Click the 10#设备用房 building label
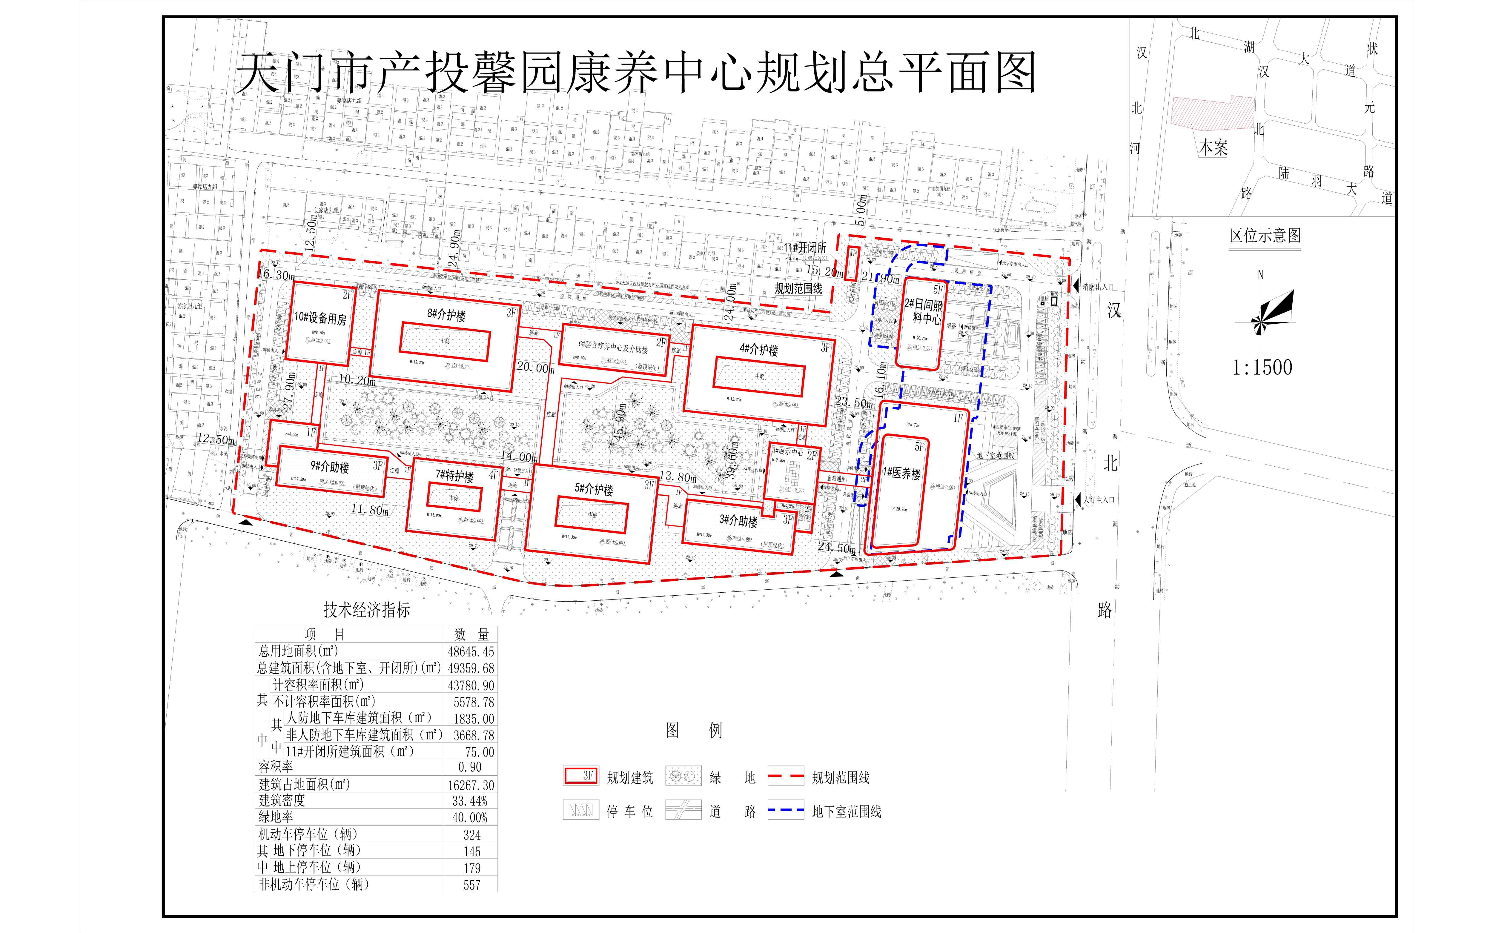coord(320,318)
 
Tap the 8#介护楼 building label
coord(446,315)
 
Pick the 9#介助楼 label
coord(330,467)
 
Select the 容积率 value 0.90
coord(470,767)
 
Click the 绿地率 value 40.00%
coord(470,818)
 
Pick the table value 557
coord(471,885)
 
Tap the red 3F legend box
coord(580,776)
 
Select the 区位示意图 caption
coord(1265,236)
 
